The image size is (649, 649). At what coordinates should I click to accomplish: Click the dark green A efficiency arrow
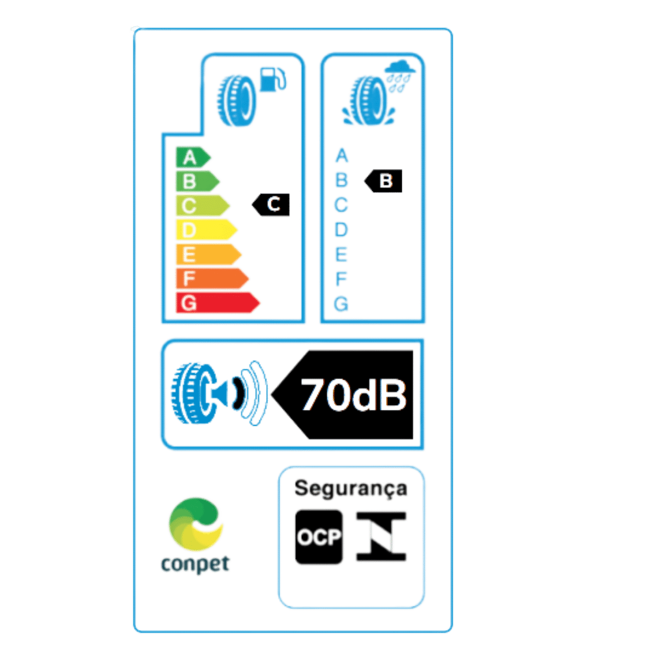pyautogui.click(x=193, y=157)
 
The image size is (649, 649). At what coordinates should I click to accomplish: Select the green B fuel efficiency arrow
pyautogui.click(x=197, y=181)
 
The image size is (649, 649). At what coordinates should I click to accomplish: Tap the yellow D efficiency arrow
pyautogui.click(x=207, y=230)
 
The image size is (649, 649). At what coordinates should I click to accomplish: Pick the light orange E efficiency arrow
pyautogui.click(x=208, y=254)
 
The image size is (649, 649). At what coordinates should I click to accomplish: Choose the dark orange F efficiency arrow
pyautogui.click(x=212, y=279)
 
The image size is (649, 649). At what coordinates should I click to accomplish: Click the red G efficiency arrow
pyautogui.click(x=217, y=303)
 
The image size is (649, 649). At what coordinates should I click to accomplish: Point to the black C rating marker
pyautogui.click(x=271, y=204)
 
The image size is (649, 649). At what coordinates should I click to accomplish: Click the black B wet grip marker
pyautogui.click(x=383, y=181)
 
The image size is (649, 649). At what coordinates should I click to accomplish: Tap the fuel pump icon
pyautogui.click(x=273, y=80)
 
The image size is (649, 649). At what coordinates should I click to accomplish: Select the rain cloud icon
pyautogui.click(x=400, y=76)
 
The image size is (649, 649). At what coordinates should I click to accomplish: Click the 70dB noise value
pyautogui.click(x=354, y=395)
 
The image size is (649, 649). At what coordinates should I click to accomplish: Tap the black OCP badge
pyautogui.click(x=319, y=537)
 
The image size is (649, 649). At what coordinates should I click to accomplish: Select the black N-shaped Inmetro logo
pyautogui.click(x=381, y=537)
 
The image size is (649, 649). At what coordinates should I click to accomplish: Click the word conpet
pyautogui.click(x=195, y=565)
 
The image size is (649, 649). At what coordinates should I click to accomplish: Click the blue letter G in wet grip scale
pyautogui.click(x=341, y=303)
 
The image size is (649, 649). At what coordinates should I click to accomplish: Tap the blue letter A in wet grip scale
pyautogui.click(x=342, y=155)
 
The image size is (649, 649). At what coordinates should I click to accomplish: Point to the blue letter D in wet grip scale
pyautogui.click(x=341, y=229)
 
